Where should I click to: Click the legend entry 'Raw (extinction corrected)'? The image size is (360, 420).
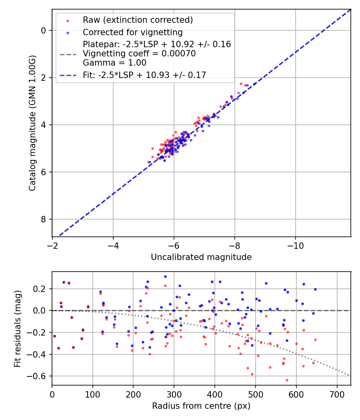point(138,20)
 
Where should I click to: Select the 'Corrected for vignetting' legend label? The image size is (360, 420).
point(132,32)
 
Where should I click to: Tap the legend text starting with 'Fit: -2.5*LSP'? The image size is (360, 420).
point(144,75)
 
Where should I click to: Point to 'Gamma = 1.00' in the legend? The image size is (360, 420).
point(114,63)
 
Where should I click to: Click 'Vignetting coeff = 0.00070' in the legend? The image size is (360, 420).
point(139,54)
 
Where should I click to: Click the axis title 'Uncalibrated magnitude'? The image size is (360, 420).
point(201,257)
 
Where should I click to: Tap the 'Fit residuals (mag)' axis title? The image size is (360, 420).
point(17,329)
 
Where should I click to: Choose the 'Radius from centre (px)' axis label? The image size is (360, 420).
point(201,406)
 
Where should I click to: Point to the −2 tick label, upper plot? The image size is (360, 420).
point(52,245)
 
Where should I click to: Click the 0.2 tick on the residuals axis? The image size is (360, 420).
point(41,289)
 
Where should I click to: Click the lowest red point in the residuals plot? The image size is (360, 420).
point(287,380)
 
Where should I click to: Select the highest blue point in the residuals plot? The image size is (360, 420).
point(165,276)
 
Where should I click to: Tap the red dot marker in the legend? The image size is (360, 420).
point(68,20)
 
